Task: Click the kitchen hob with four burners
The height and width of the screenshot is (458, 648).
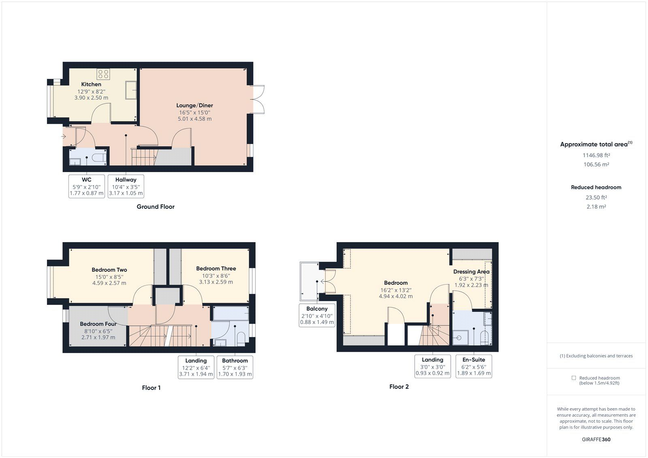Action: coord(103,74)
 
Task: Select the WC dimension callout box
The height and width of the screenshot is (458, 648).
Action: coord(87,186)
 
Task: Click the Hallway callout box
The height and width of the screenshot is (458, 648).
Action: coord(126,186)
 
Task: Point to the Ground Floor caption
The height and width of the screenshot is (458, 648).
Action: coord(156,207)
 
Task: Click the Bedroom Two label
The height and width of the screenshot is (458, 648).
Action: coord(109,270)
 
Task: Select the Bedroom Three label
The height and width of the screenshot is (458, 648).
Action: coord(216,268)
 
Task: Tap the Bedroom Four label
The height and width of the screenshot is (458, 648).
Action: coord(98,324)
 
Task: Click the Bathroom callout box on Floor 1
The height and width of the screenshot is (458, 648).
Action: coord(235,367)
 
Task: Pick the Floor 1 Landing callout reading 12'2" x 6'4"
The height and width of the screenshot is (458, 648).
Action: coord(196,367)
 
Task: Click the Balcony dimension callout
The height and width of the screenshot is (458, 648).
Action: coord(317,315)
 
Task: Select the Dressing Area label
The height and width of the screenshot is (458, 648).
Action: coord(471,272)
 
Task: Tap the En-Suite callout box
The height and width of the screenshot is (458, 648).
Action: coord(473,366)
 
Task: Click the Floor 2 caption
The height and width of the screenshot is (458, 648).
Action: coord(399,387)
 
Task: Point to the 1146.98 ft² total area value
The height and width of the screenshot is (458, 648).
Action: coord(596,155)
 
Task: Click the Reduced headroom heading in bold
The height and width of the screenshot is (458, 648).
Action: coord(596,187)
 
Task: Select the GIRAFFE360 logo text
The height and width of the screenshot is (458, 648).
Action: coord(596,439)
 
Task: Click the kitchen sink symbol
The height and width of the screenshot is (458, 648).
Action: coord(130,90)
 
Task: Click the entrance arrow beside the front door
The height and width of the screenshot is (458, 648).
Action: coord(64,136)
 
